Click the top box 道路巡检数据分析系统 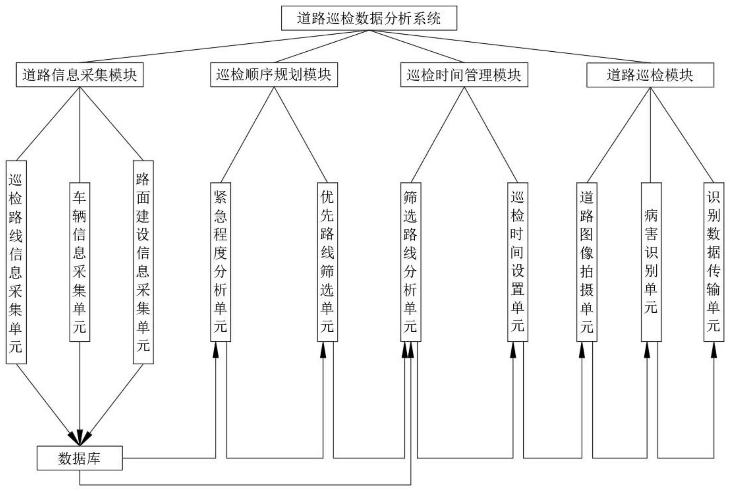pyautogui.click(x=369, y=18)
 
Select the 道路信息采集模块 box pyautogui.click(x=79, y=75)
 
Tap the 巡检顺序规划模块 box pyautogui.click(x=274, y=75)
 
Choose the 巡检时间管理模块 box pyautogui.click(x=464, y=75)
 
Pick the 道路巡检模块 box pyautogui.click(x=650, y=75)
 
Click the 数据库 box pyautogui.click(x=79, y=458)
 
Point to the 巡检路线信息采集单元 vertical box pyautogui.click(x=16, y=262)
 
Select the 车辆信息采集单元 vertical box pyautogui.click(x=79, y=262)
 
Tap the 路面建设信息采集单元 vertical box pyautogui.click(x=143, y=262)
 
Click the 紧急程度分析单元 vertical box pyautogui.click(x=221, y=262)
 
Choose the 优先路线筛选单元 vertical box pyautogui.click(x=327, y=262)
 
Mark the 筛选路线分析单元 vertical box pyautogui.click(x=410, y=262)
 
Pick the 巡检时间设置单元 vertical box pyautogui.click(x=517, y=262)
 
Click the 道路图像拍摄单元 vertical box pyautogui.click(x=587, y=262)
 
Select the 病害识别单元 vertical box pyautogui.click(x=651, y=262)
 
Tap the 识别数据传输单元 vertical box pyautogui.click(x=714, y=262)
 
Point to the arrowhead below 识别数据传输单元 pyautogui.click(x=714, y=350)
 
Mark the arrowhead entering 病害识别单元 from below pyautogui.click(x=647, y=350)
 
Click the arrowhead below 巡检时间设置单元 pyautogui.click(x=513, y=350)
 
